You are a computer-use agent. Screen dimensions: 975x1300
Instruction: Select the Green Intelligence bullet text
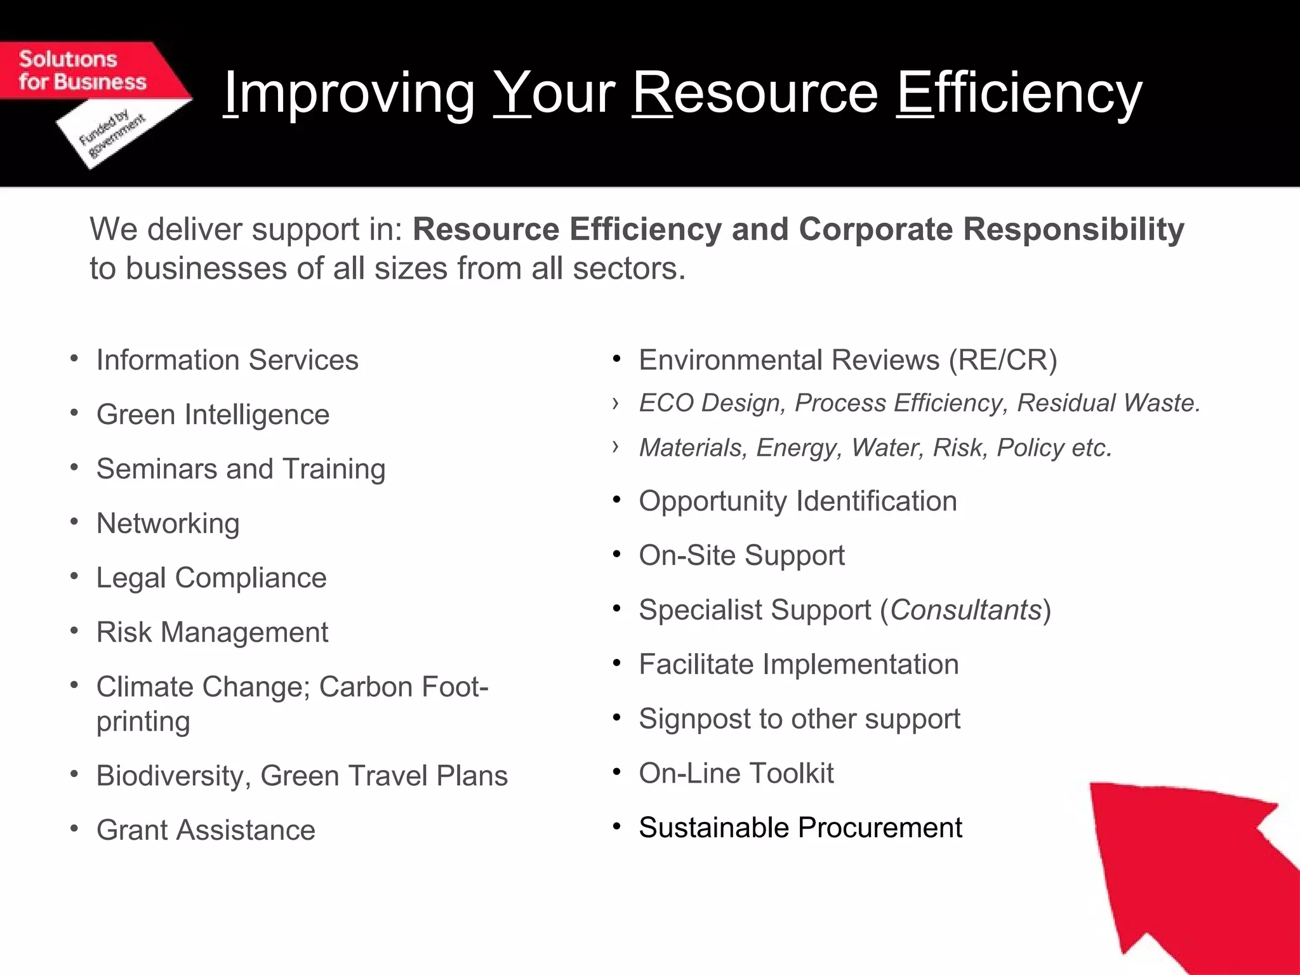(213, 415)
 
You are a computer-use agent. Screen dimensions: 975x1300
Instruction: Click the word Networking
(168, 524)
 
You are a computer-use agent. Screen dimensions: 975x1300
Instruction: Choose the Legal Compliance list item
(211, 578)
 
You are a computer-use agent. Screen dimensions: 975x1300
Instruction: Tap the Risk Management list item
(212, 633)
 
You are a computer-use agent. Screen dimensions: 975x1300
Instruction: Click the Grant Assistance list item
(206, 830)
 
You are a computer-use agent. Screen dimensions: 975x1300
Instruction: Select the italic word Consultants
(965, 610)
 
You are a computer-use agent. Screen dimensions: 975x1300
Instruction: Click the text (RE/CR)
(1003, 361)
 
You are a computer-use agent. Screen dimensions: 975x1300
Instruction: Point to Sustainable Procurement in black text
(800, 828)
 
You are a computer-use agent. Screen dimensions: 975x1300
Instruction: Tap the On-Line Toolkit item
(736, 774)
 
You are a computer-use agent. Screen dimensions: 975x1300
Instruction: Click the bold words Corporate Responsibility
(991, 229)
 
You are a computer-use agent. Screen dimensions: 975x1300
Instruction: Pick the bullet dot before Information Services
(74, 359)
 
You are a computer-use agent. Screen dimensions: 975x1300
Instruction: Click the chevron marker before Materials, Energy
(615, 447)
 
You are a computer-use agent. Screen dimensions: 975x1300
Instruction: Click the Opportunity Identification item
(797, 501)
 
